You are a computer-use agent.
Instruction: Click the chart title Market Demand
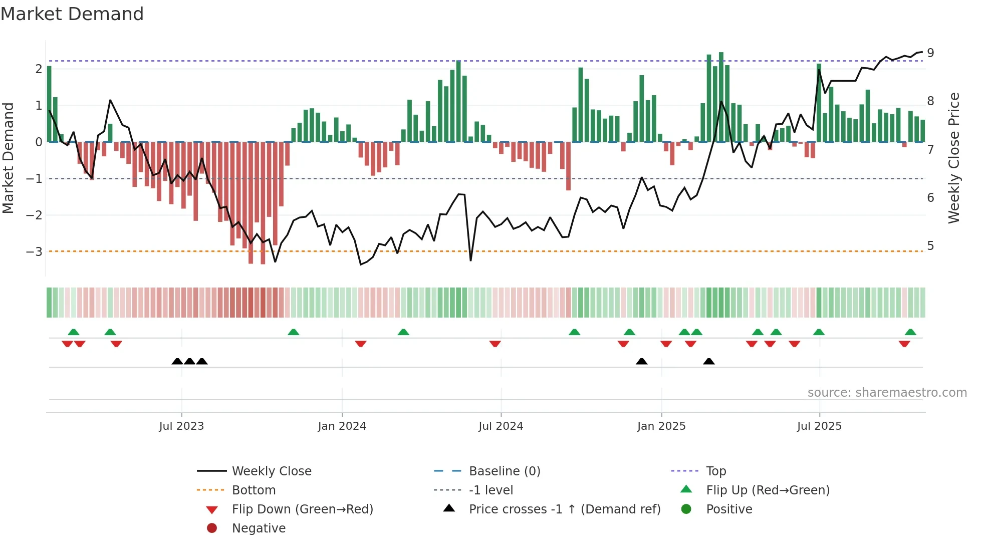pos(72,14)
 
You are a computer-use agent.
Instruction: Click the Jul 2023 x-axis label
pos(181,426)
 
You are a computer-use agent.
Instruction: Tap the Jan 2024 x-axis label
pos(342,426)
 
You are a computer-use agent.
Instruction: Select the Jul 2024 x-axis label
pos(501,426)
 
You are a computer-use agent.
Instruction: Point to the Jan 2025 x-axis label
pos(661,426)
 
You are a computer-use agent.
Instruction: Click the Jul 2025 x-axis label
pos(819,426)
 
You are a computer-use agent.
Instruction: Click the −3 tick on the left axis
pos(34,251)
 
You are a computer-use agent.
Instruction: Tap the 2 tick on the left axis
pos(39,69)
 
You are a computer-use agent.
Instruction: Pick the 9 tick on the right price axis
pos(930,53)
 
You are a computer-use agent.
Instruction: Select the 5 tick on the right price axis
pos(930,246)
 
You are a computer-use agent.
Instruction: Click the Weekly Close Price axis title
pos(954,158)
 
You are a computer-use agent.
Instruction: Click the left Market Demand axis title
pos(8,158)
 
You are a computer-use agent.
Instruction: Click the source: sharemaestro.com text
pos(887,393)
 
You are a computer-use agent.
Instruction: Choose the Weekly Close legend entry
pos(271,471)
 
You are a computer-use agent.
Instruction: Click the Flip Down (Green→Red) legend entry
pos(302,509)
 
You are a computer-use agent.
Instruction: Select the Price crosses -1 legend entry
pos(564,509)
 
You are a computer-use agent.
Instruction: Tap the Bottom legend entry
pos(254,490)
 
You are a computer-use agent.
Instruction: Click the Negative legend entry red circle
pos(212,528)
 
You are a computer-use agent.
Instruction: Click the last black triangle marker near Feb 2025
pos(708,361)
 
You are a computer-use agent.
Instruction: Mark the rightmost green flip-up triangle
pos(910,332)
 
